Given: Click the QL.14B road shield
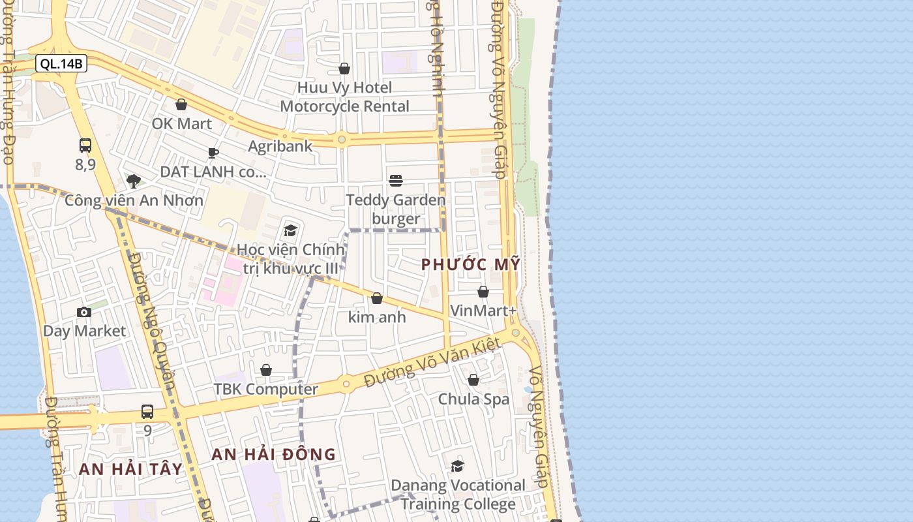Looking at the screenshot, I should pos(61,63).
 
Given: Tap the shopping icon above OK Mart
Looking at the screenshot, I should pos(181,104).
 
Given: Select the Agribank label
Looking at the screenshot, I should pos(280,146).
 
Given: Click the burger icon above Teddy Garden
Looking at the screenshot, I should pos(396,180).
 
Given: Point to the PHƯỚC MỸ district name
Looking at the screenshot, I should pos(471,264).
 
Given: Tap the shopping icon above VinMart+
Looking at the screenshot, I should pos(483,292).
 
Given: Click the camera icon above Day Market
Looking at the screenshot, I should pos(84,312).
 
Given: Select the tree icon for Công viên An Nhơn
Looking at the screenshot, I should pos(134,181).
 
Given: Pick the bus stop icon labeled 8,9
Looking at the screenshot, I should pos(85,146).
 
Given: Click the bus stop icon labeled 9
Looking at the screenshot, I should pos(147,412).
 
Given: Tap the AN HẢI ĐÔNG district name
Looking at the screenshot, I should pos(274,454).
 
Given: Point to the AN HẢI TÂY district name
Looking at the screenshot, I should pos(130,468).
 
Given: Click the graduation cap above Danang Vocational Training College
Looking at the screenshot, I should pos(458,466).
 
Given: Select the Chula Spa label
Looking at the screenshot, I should pos(473,399).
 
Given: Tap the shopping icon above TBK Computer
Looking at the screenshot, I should pos(266,370).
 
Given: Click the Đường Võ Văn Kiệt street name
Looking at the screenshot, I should pos(432,362).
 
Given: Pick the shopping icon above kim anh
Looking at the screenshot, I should pos(377,298).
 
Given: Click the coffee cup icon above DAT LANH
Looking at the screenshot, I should pos(213,153).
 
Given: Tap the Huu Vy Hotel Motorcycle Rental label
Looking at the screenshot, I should pos(345,97).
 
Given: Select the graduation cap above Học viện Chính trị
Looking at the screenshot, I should pos(290,230).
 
